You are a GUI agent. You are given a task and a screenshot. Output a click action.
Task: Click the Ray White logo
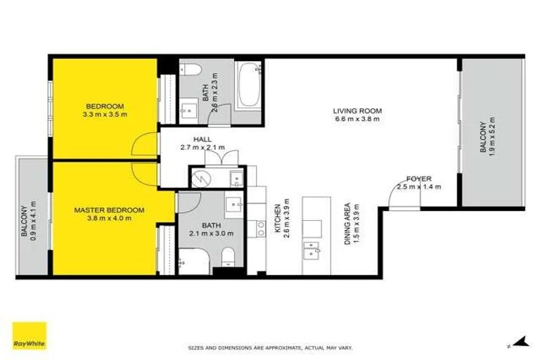[x=29, y=335]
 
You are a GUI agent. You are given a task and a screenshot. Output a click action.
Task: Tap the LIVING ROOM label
[x=358, y=110]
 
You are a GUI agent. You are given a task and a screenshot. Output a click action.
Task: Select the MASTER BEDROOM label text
[x=109, y=210]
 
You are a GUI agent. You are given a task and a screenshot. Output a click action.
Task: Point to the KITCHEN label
[x=278, y=218]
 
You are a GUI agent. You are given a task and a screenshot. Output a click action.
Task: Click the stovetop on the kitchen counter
[x=260, y=227]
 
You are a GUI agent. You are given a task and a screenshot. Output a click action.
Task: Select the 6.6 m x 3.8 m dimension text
[x=358, y=119]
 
